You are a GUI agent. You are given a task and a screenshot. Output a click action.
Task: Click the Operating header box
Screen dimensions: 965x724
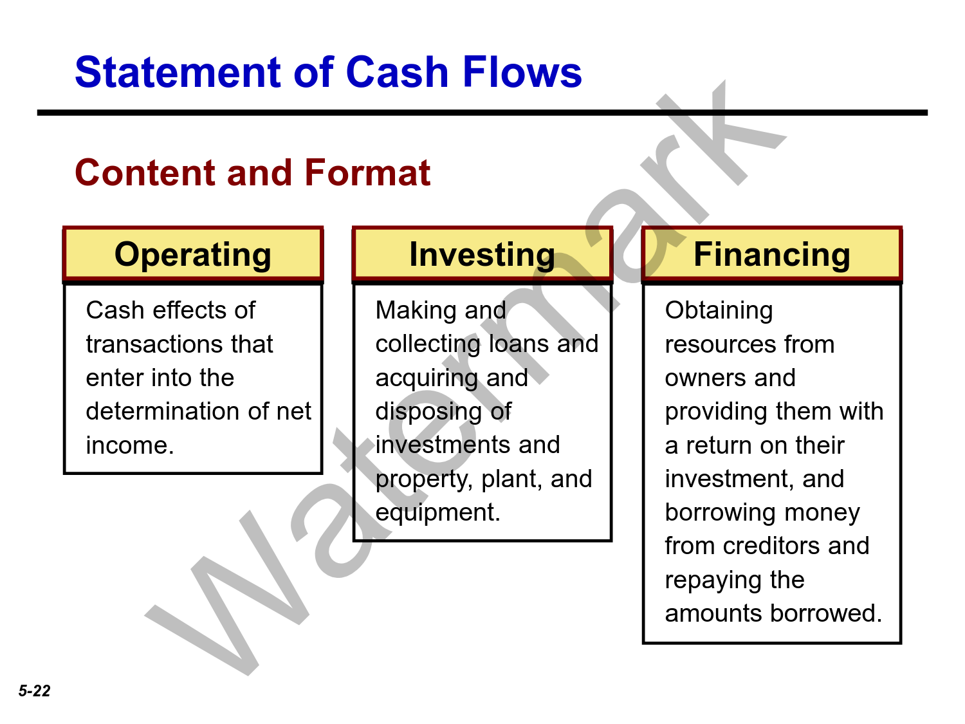(x=193, y=254)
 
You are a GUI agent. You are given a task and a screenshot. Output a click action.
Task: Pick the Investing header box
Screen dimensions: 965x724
(x=482, y=254)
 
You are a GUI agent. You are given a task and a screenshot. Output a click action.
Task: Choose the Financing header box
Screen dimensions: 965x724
(x=772, y=254)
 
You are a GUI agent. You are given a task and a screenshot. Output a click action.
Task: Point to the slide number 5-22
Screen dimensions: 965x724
(x=35, y=691)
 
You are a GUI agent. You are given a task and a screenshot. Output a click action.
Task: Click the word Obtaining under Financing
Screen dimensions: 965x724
(x=719, y=311)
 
